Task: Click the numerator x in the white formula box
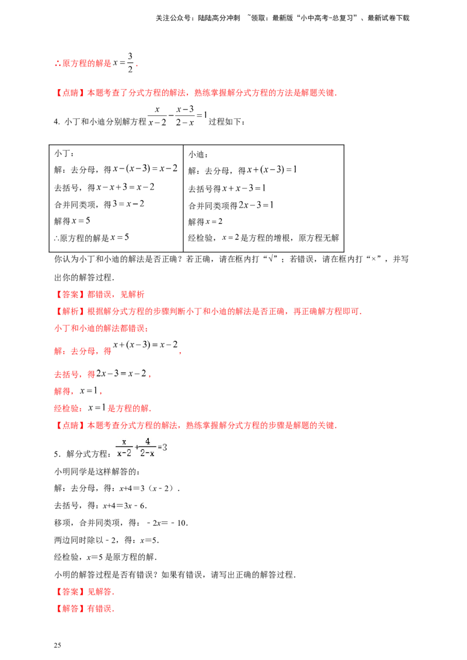123,443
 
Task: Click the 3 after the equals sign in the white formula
165,448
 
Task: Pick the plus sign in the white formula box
137,448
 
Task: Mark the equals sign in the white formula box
159,448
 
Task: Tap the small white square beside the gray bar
231,194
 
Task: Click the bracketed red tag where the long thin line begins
66,294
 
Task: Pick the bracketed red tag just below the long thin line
66,312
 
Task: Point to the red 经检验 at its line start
66,406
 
